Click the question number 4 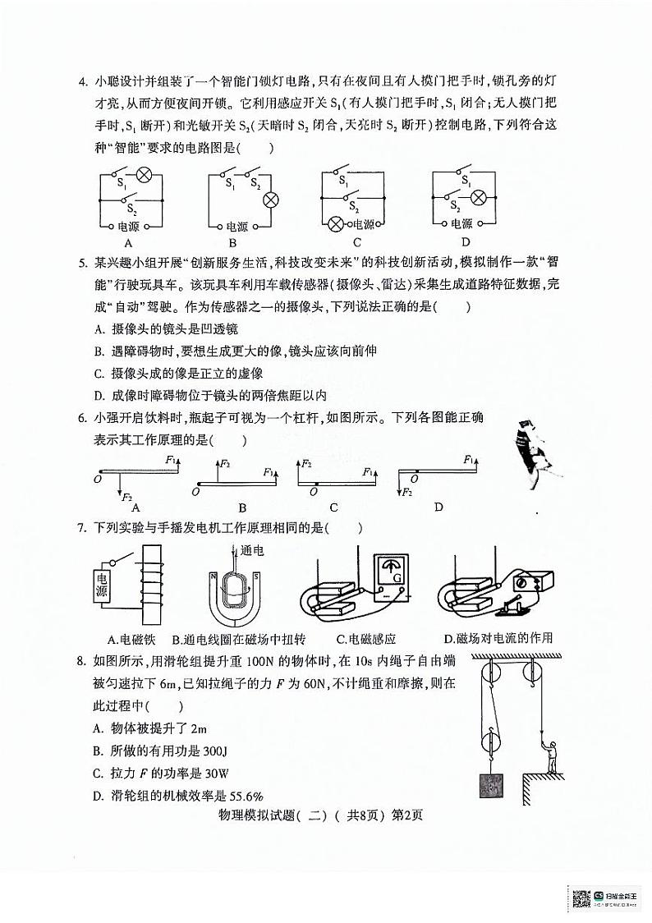point(81,81)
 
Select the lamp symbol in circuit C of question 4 point(335,223)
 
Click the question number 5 point(81,264)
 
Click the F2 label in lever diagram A point(126,497)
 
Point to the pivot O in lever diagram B point(195,491)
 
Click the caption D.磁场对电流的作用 point(498,638)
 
